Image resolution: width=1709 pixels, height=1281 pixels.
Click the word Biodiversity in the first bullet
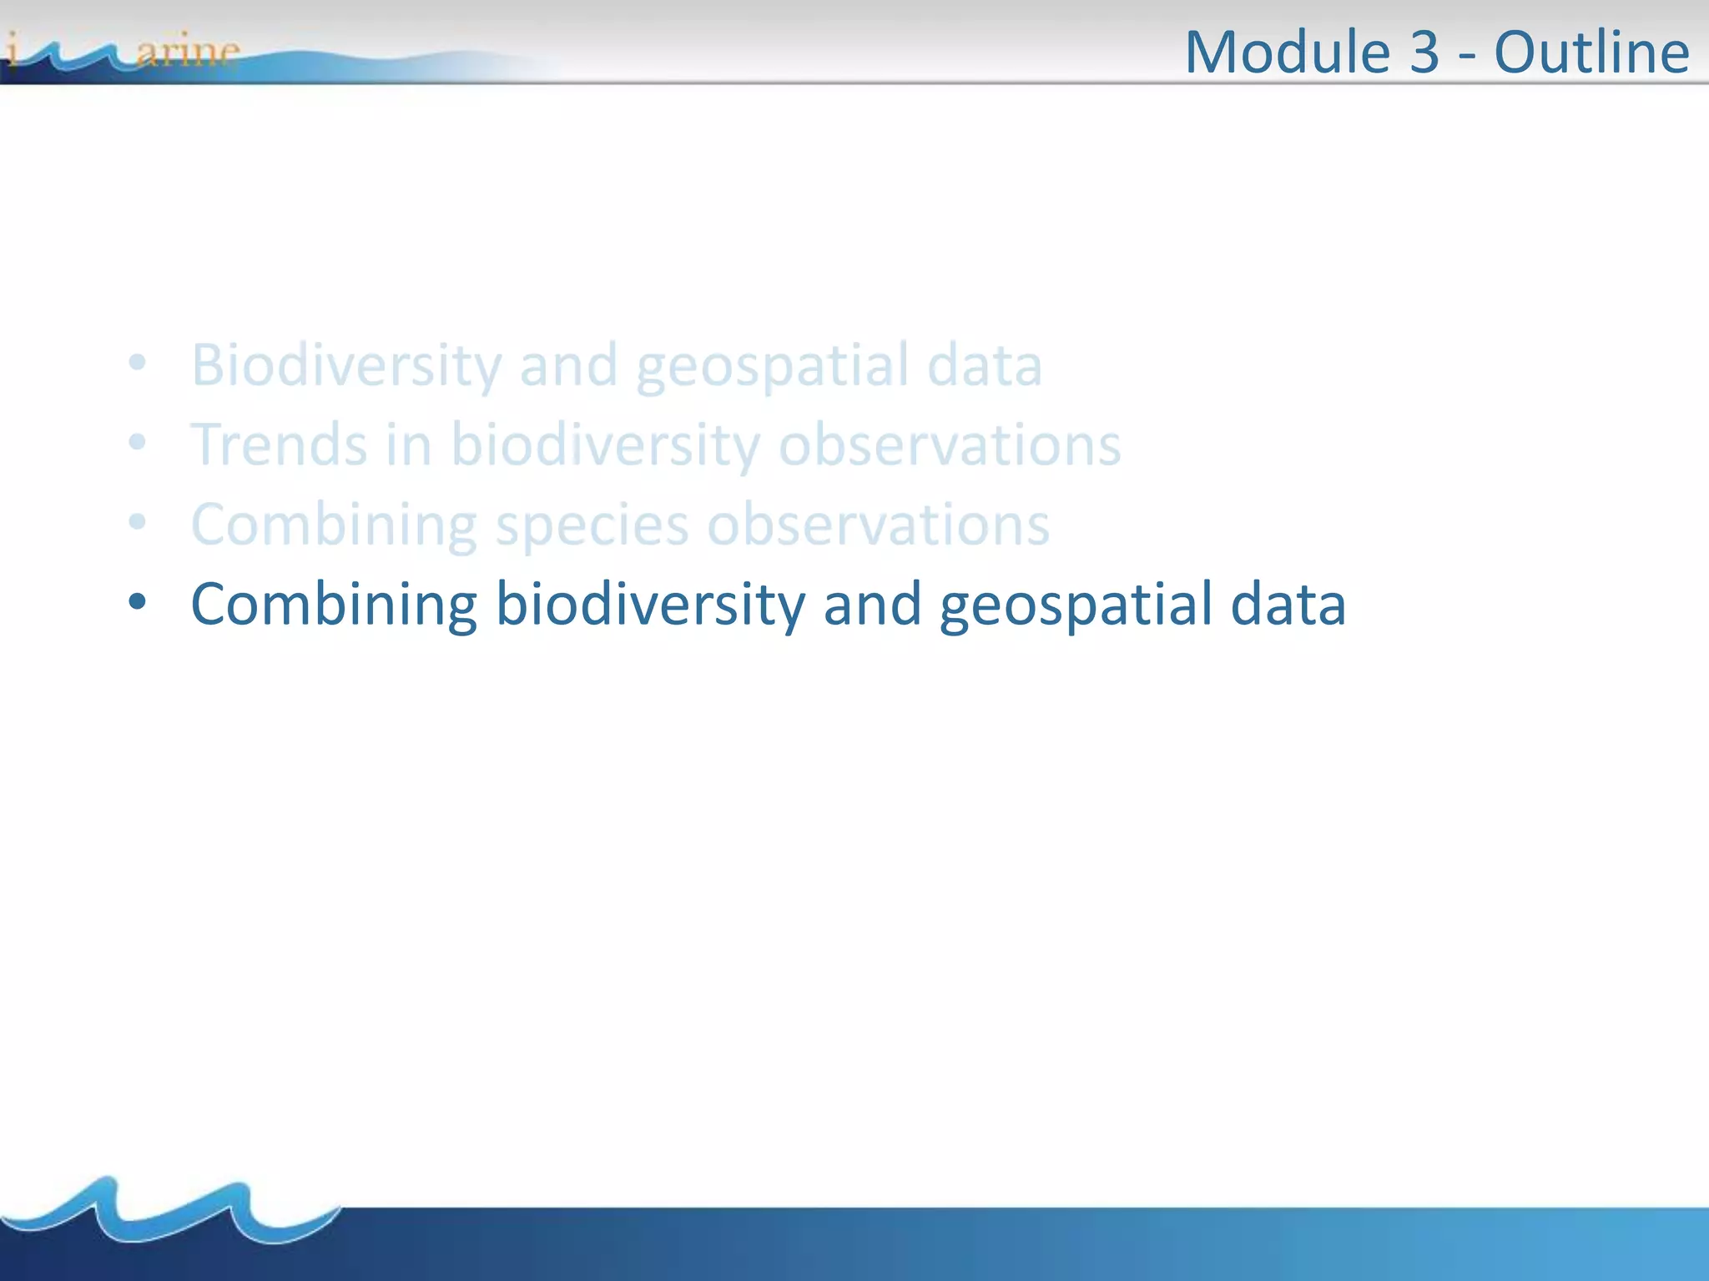(x=345, y=364)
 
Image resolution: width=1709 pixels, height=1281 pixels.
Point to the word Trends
(x=279, y=444)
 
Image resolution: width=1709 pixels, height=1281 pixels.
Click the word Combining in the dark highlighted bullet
(x=334, y=603)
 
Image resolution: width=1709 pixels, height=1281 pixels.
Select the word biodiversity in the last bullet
(x=650, y=603)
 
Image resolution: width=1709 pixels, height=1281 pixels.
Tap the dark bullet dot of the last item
(x=138, y=600)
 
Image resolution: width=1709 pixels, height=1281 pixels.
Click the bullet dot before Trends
(x=138, y=442)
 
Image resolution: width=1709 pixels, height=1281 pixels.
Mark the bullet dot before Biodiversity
(x=138, y=363)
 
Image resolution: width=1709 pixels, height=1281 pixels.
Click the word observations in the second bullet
(x=950, y=444)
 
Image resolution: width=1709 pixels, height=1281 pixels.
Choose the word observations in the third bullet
(x=878, y=525)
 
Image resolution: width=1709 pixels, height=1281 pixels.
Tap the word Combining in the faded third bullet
(x=334, y=525)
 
